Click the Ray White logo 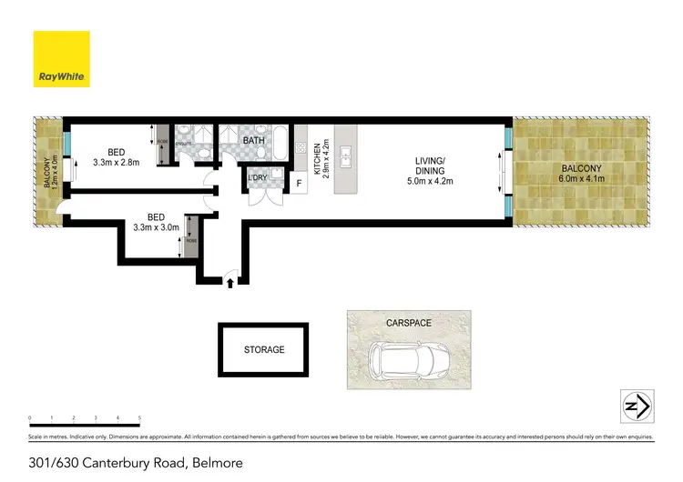(61, 59)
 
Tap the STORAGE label (264, 349)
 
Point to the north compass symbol (635, 405)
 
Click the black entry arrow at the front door (229, 284)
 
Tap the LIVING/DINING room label (429, 170)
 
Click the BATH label (253, 140)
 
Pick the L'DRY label (258, 178)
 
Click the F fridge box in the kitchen (299, 184)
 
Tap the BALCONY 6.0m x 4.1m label (581, 173)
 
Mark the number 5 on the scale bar (139, 417)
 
